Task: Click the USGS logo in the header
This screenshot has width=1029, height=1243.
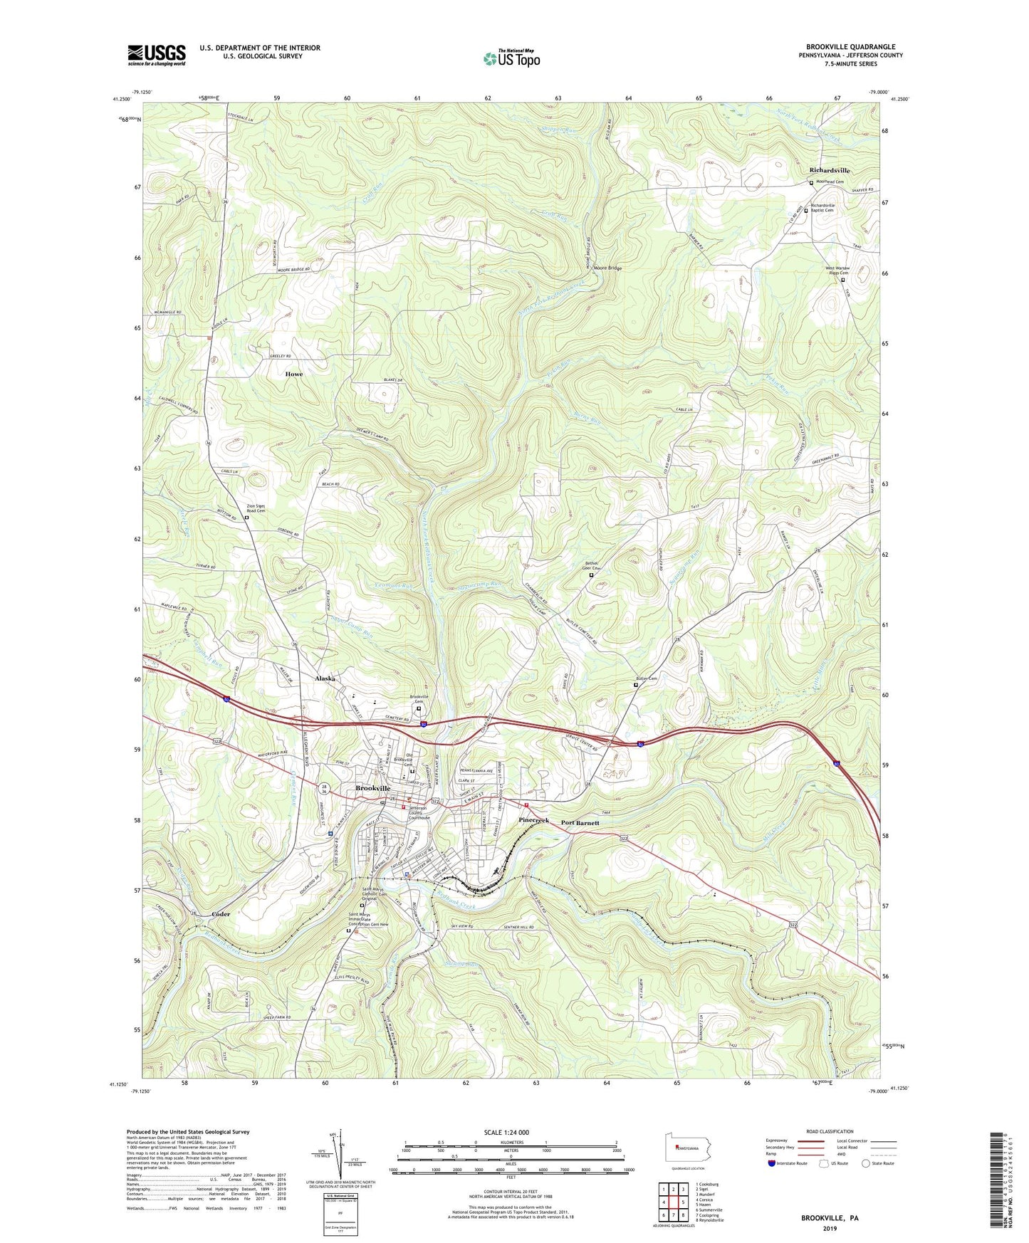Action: click(156, 55)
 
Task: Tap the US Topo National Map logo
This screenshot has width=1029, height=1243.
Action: click(511, 58)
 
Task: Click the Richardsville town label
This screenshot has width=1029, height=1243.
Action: click(830, 171)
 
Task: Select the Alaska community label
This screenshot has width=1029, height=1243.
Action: click(325, 678)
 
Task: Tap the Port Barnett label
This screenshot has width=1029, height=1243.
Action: click(580, 822)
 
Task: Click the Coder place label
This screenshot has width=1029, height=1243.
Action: click(221, 913)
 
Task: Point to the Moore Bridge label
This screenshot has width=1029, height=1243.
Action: click(605, 268)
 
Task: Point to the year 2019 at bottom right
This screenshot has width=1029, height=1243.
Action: click(830, 1229)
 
